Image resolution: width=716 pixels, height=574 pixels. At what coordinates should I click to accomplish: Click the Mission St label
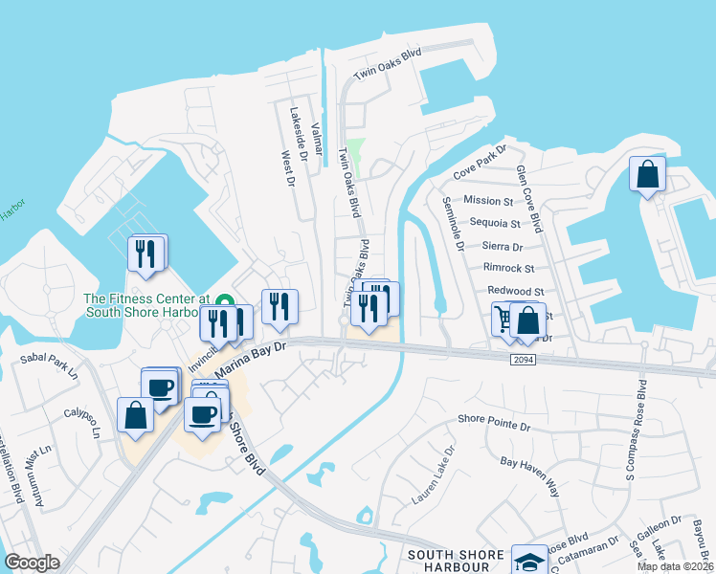488,201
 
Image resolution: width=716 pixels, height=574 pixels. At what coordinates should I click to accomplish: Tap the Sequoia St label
495,224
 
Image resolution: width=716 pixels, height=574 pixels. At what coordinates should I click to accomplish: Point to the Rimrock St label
509,268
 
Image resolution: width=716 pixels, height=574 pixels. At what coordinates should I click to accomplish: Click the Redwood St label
515,292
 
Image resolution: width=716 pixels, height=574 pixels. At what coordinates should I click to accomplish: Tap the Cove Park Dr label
479,162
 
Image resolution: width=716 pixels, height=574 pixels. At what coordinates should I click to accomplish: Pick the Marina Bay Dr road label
251,360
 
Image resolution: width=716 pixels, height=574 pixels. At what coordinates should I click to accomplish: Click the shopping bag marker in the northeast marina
647,175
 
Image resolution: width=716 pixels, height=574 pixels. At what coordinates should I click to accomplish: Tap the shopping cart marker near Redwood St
504,319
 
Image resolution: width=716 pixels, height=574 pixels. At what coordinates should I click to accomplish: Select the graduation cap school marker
529,562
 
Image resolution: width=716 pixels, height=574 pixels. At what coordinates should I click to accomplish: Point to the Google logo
32,563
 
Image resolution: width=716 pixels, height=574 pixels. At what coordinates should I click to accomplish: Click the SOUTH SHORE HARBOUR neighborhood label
456,561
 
